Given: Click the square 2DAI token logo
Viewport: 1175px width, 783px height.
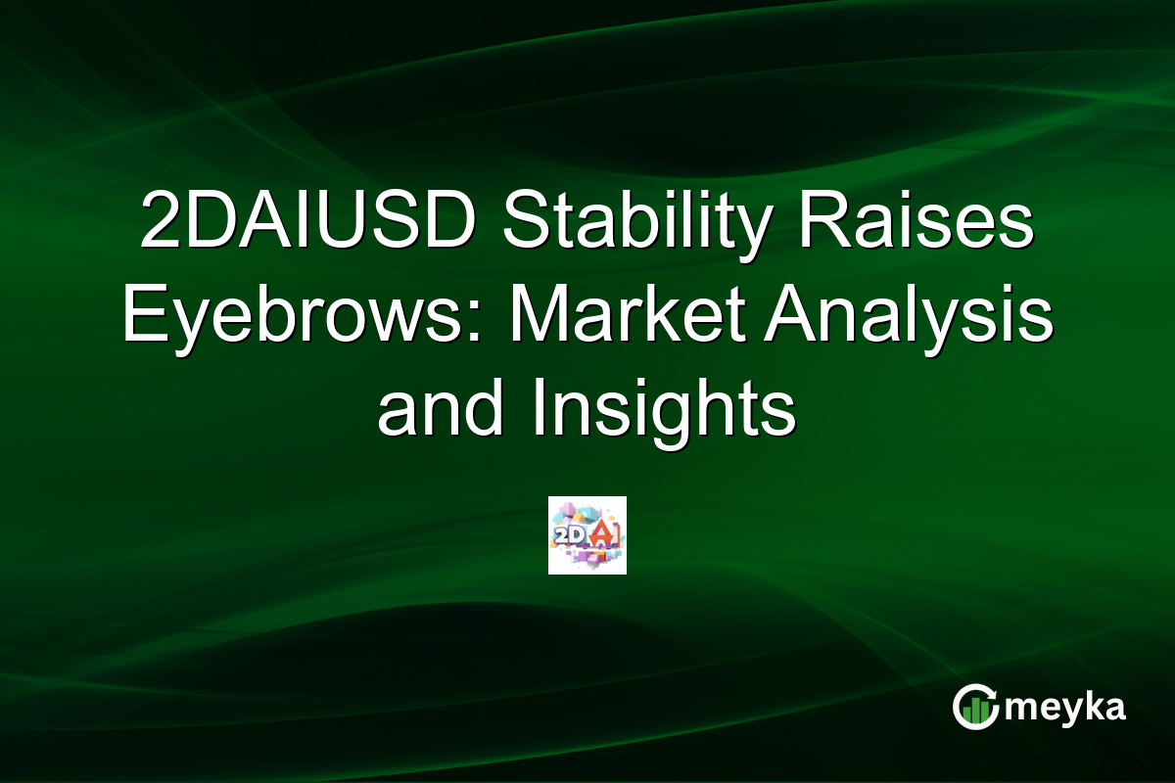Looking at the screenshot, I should coord(587,534).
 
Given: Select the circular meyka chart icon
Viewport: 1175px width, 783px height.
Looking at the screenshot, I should coord(974,707).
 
